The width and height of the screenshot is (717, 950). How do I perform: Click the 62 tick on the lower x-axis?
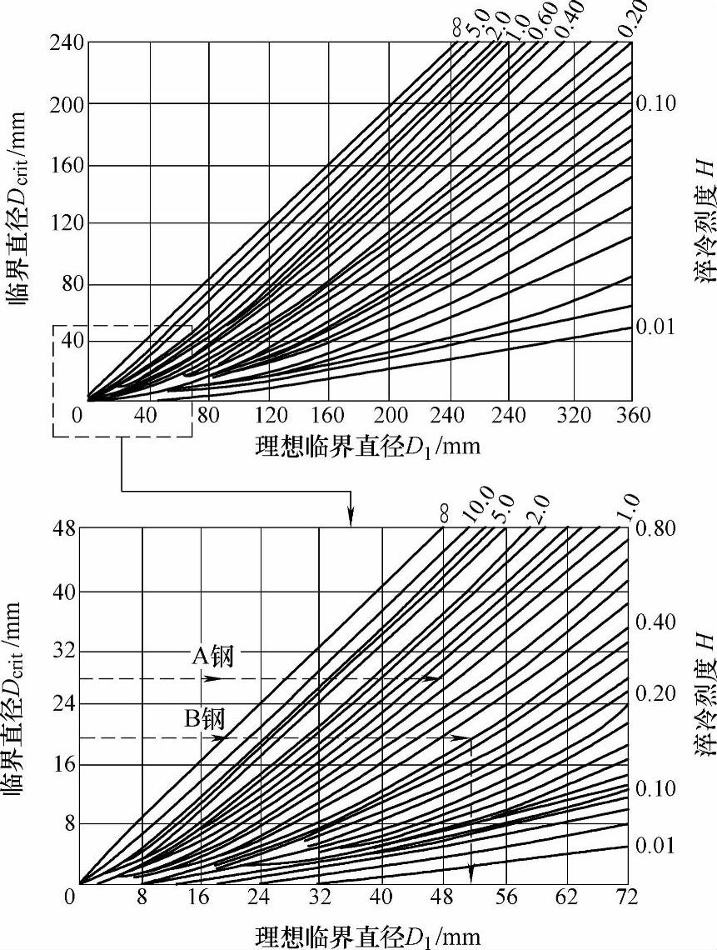567,897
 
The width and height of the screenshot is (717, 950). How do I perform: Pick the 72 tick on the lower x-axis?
625,897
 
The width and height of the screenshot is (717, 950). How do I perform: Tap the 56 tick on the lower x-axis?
506,897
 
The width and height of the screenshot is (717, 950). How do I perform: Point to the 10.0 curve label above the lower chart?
481,510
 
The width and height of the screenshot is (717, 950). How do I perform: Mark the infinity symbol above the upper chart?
456,29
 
